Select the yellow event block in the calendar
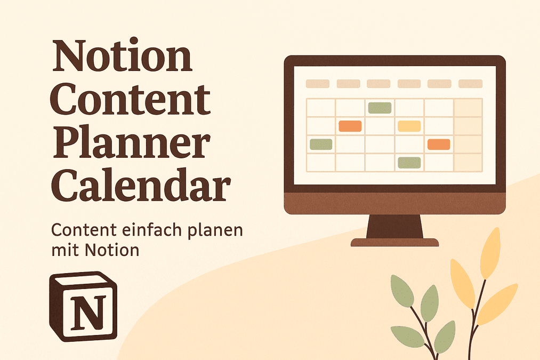(x=409, y=126)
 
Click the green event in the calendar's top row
(x=380, y=108)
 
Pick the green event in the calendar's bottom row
(x=409, y=162)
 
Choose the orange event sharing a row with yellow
(x=350, y=126)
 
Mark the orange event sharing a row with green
(x=439, y=144)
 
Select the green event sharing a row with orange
(x=321, y=144)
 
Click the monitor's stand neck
(x=395, y=226)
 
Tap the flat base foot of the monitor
(x=395, y=243)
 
